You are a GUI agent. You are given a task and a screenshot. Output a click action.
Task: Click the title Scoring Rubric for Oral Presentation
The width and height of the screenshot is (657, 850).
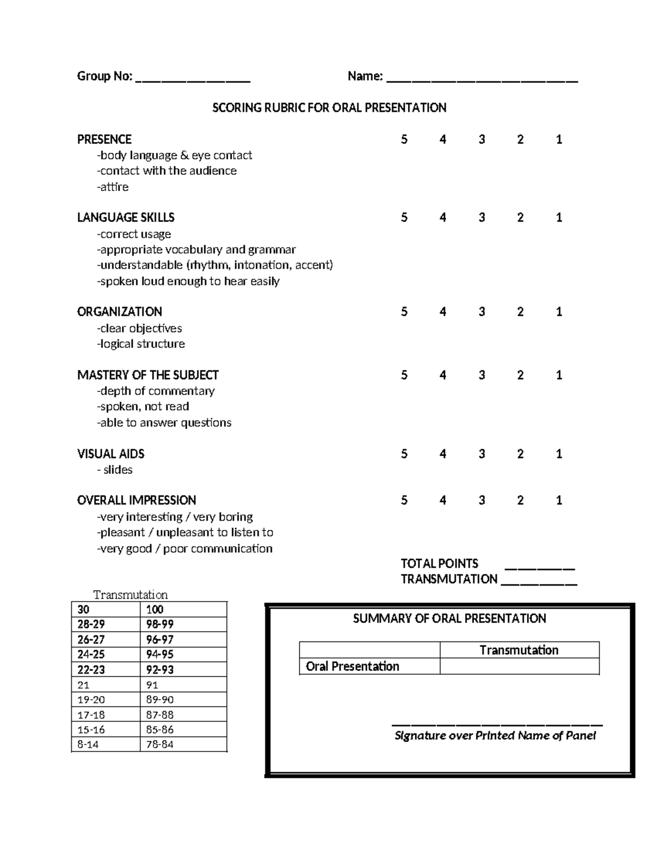click(329, 108)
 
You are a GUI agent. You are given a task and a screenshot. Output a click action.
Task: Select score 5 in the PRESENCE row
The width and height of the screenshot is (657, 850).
click(404, 140)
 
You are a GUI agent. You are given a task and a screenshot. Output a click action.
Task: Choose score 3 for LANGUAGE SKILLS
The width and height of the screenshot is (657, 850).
click(482, 218)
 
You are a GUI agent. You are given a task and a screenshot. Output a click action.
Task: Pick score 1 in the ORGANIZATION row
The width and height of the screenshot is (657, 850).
click(559, 312)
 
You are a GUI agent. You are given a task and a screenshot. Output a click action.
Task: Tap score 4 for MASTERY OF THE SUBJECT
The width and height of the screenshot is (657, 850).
click(442, 375)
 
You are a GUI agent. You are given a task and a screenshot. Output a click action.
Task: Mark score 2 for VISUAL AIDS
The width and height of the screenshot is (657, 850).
click(520, 454)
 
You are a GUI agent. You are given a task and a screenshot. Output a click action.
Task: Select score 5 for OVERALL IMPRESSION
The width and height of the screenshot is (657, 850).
click(404, 500)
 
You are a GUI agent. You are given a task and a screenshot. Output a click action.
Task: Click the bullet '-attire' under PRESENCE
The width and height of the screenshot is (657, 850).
click(113, 187)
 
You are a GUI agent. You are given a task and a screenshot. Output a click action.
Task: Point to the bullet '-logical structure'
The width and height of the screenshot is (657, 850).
click(141, 344)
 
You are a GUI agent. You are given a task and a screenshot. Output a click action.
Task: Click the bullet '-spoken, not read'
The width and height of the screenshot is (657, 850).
click(143, 407)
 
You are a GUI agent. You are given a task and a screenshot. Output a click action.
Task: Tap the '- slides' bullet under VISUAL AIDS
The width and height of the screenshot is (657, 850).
click(114, 470)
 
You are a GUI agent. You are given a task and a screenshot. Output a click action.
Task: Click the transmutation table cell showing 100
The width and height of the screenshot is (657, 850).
click(183, 610)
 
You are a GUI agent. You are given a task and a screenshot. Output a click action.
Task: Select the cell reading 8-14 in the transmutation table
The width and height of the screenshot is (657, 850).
click(106, 744)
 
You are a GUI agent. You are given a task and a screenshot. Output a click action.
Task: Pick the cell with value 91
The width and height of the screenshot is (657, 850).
click(183, 685)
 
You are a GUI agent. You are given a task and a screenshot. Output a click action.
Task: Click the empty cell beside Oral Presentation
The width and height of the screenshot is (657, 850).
click(519, 666)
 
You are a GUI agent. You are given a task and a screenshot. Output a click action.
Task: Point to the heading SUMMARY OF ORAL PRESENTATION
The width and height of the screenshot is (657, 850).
click(449, 618)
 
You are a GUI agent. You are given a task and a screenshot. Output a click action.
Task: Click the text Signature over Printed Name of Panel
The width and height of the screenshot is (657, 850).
click(495, 736)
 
